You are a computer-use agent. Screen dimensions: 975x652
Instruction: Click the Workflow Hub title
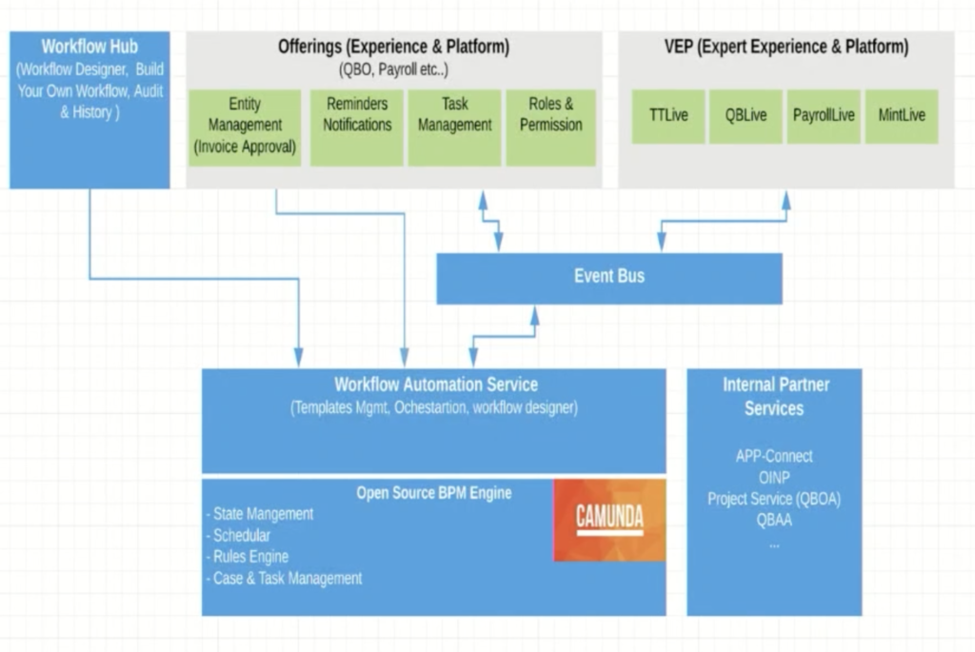coord(90,47)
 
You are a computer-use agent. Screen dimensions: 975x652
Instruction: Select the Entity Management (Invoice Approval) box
coord(245,128)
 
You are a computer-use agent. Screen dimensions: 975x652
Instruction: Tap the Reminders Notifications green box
coord(357,128)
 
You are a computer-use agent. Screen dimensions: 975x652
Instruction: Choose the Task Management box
coord(454,128)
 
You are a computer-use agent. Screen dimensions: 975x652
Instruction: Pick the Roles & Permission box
coord(551,128)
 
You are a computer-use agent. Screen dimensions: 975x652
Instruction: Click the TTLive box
coord(668,117)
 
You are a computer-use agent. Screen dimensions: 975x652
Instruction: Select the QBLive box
coord(746,117)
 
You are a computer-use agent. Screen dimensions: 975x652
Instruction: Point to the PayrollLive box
coord(824,117)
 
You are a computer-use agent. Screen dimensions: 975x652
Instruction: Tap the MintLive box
coord(902,117)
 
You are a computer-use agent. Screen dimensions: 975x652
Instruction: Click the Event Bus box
coord(609,279)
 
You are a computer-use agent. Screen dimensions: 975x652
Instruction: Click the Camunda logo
coord(609,521)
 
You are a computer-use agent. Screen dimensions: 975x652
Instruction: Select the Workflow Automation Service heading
coord(436,385)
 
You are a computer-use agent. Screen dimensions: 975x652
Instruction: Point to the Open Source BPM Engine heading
coord(434,493)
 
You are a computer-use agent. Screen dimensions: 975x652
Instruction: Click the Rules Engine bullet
coord(248,556)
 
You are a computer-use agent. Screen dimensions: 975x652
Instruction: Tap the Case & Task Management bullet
coord(284,578)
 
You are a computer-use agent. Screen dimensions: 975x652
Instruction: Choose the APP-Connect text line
coord(774,456)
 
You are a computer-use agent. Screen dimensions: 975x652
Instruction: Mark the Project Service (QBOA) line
coord(774,499)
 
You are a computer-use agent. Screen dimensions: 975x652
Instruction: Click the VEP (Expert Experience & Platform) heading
coord(786,47)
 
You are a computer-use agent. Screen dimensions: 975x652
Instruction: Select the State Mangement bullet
coord(260,514)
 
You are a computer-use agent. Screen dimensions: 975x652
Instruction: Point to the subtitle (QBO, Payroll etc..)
coord(393,69)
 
